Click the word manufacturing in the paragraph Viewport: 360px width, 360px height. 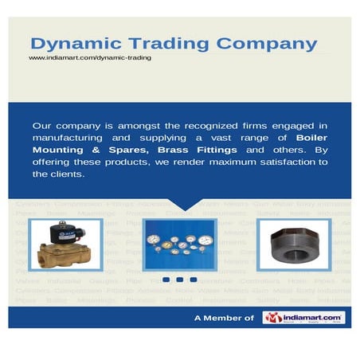pos(70,137)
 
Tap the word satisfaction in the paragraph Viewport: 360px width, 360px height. pos(269,162)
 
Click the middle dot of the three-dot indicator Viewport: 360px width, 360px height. pos(179,280)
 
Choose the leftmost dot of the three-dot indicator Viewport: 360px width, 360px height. pos(166,280)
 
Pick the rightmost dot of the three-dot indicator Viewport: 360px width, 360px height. pos(193,280)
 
